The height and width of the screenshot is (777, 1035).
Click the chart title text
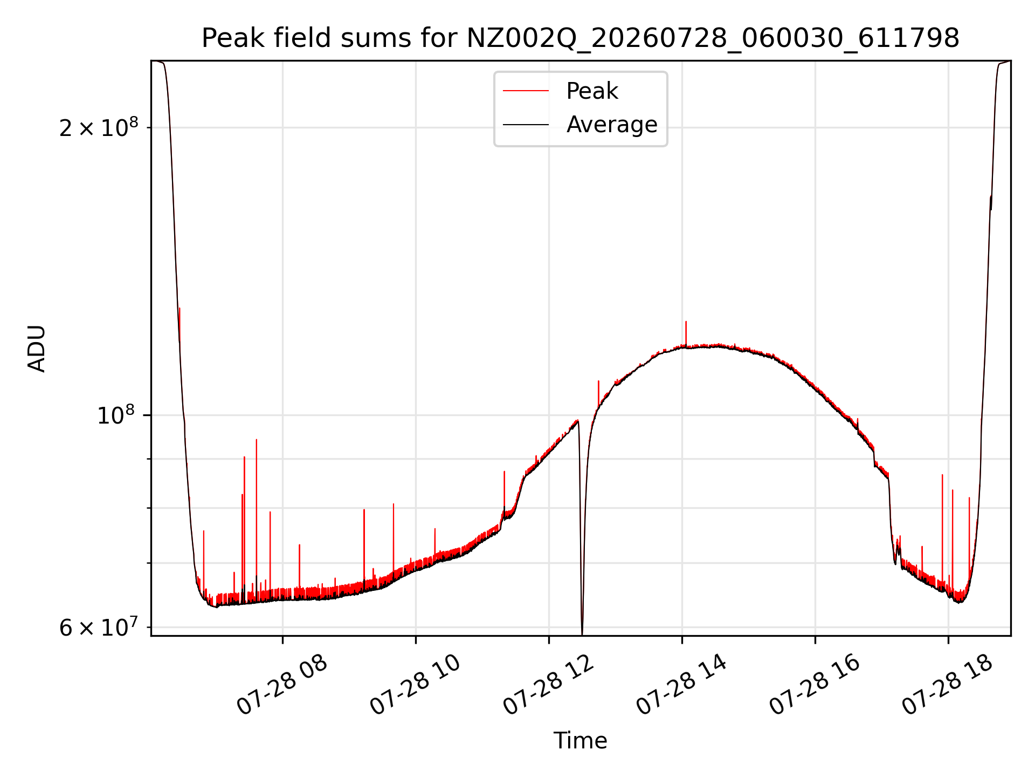[580, 38]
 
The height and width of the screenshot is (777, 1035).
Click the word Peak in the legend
[592, 91]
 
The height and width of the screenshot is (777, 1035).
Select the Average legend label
[612, 125]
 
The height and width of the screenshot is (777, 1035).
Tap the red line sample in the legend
[526, 91]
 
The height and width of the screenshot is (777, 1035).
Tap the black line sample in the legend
[526, 125]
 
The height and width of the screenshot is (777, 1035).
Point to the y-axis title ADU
[37, 348]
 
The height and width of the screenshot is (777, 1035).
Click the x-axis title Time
[580, 741]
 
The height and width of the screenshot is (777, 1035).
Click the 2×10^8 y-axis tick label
[98, 127]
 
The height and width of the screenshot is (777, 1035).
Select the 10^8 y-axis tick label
[115, 415]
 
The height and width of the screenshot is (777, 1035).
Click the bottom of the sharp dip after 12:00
[582, 633]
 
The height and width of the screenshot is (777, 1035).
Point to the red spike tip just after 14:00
[686, 322]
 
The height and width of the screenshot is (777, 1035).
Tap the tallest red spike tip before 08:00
[257, 440]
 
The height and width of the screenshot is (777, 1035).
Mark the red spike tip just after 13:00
[598, 381]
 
